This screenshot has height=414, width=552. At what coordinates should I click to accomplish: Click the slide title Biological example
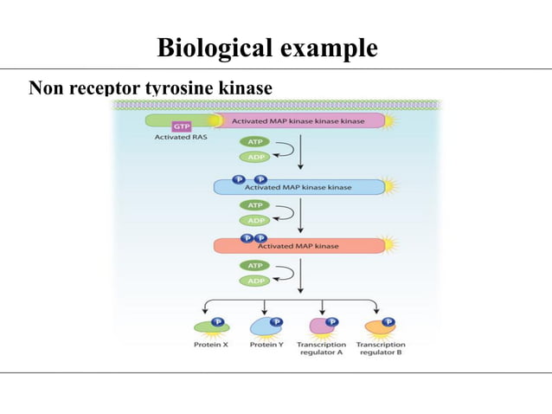click(x=266, y=48)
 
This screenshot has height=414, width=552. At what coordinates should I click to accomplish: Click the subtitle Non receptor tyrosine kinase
click(x=151, y=88)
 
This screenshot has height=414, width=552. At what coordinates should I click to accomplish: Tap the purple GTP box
click(x=183, y=126)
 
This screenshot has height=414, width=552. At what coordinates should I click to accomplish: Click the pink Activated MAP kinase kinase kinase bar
click(x=298, y=121)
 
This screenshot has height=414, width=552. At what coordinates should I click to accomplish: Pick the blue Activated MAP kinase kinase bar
click(x=298, y=186)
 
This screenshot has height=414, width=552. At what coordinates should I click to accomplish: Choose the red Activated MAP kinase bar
click(x=298, y=246)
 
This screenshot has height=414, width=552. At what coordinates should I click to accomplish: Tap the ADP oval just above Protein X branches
click(x=254, y=281)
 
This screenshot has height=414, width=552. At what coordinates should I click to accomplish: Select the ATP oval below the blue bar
click(x=254, y=206)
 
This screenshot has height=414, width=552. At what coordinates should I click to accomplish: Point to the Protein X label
click(x=210, y=345)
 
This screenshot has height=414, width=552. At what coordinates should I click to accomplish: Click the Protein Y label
click(x=266, y=345)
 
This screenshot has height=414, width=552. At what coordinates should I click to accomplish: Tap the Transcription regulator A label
click(x=322, y=349)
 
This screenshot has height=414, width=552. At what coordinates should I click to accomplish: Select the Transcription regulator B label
click(x=380, y=349)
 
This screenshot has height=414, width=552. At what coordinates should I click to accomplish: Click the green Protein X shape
click(x=208, y=327)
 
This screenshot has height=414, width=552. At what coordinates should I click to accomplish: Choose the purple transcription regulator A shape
click(x=319, y=327)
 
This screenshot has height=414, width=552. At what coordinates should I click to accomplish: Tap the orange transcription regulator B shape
click(x=378, y=327)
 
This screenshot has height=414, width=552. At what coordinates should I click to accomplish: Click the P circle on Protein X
click(x=218, y=322)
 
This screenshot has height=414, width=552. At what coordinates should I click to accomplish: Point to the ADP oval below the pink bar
click(x=254, y=157)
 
